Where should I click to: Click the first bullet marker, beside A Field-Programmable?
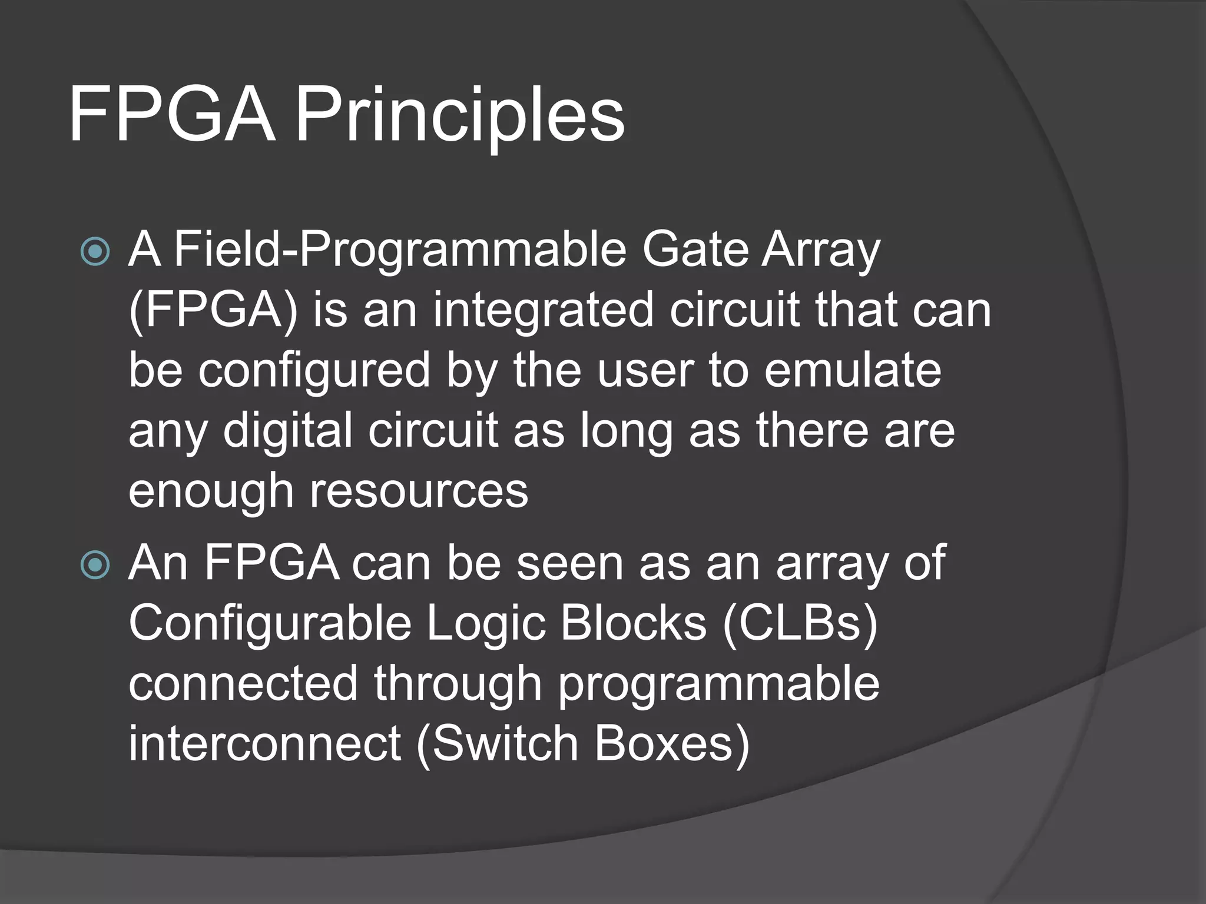tap(95, 252)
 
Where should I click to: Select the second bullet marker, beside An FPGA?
tap(95, 566)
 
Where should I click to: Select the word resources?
tap(419, 491)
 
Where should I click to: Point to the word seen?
tap(569, 564)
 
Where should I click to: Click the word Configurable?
tap(270, 623)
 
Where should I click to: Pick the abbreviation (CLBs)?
tap(800, 623)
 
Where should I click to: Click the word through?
tap(458, 684)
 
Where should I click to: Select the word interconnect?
tap(265, 744)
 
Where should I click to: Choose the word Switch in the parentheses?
tap(505, 744)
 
